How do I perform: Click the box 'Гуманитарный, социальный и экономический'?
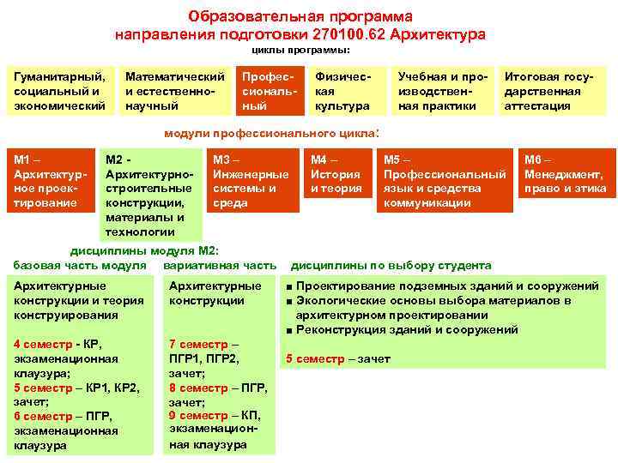point(60,91)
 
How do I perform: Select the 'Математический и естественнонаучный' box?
point(175,91)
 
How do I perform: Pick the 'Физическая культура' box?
point(342,91)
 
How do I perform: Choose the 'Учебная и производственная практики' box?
point(441,91)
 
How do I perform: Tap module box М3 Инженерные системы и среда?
point(251,181)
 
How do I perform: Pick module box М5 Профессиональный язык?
point(444,181)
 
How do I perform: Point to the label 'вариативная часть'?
point(220,265)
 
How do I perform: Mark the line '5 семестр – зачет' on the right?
point(337,358)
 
